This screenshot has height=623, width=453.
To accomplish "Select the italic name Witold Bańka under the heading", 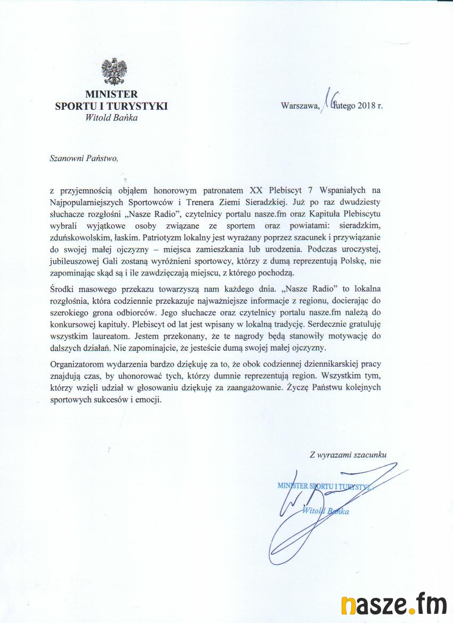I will point(111,117).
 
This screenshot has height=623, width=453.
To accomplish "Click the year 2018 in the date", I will point(366,105).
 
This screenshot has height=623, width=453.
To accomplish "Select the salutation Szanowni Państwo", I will point(80,158).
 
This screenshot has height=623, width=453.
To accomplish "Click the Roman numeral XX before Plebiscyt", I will point(257,190).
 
